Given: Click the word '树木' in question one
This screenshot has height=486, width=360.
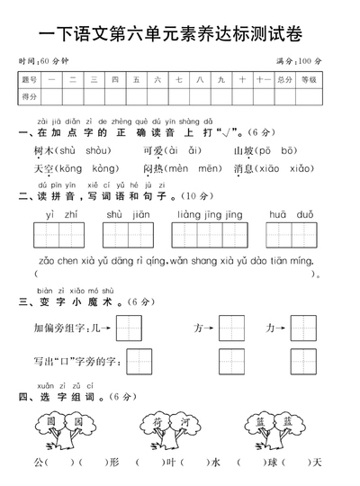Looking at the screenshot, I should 43,150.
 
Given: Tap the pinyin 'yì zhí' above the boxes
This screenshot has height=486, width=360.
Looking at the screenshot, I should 57,214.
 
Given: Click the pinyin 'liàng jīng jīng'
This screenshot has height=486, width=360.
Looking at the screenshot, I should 210,214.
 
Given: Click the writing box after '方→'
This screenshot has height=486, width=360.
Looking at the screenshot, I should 231,328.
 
